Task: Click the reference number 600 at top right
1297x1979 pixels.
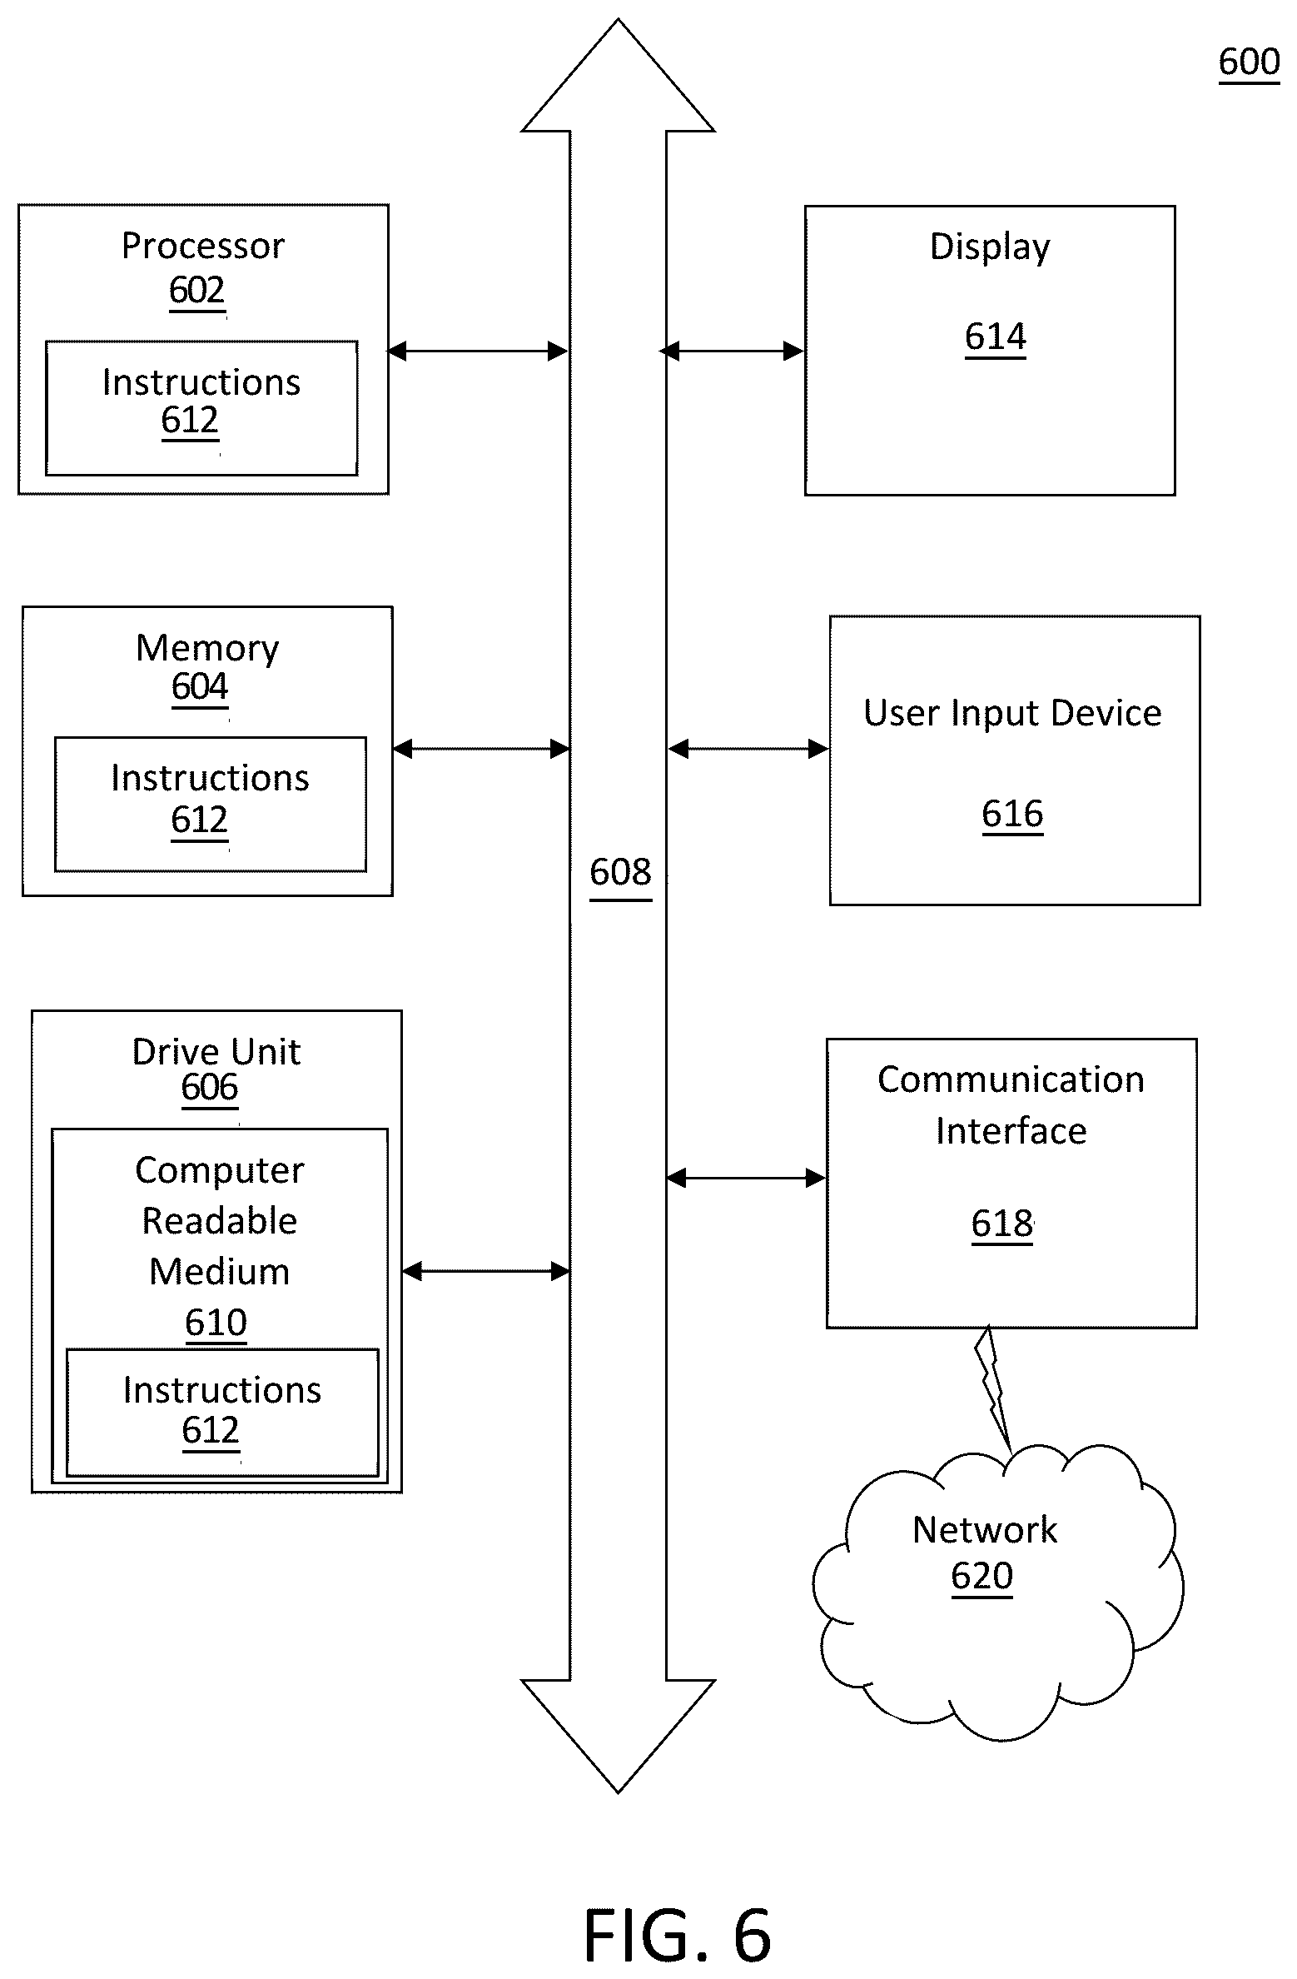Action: coord(1249,62)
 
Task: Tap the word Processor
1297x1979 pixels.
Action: coord(203,246)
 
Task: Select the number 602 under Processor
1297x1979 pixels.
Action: coord(197,290)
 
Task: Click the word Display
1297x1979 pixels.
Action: coord(990,247)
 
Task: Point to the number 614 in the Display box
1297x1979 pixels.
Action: coord(996,336)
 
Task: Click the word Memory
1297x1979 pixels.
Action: coord(207,648)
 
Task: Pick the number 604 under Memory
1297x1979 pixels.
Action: coord(200,686)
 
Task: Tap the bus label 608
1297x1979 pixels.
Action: coord(620,872)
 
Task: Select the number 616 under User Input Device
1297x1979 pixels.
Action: coord(1012,814)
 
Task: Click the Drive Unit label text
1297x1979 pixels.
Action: coord(216,1052)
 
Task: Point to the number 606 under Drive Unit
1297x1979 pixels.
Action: coord(210,1088)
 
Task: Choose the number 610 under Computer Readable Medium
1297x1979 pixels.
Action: coord(216,1323)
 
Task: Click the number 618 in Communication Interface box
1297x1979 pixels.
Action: coord(1002,1224)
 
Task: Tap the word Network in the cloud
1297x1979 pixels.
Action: coord(985,1530)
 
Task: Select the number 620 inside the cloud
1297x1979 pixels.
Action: coord(982,1576)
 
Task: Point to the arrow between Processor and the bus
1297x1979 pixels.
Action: coord(478,351)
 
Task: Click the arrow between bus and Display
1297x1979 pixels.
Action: coord(733,351)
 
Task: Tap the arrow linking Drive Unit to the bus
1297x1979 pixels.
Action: coord(486,1272)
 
